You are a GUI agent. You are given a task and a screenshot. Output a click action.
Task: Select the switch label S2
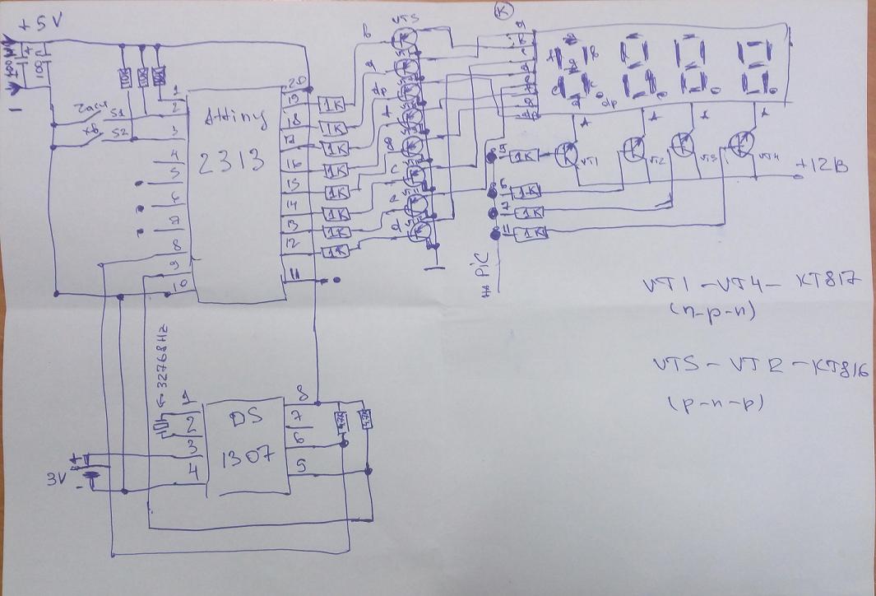tap(119, 132)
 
